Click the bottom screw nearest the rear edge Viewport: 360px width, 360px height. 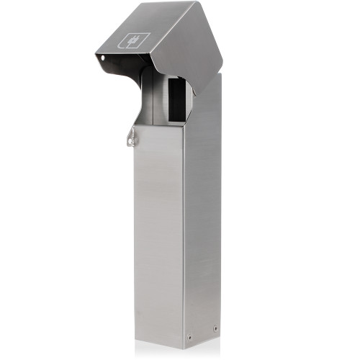[x=215, y=329]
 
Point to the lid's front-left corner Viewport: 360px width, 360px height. [x=96, y=53]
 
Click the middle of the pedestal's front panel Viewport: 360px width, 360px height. [x=158, y=230]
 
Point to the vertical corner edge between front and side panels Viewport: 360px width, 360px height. [x=184, y=230]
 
